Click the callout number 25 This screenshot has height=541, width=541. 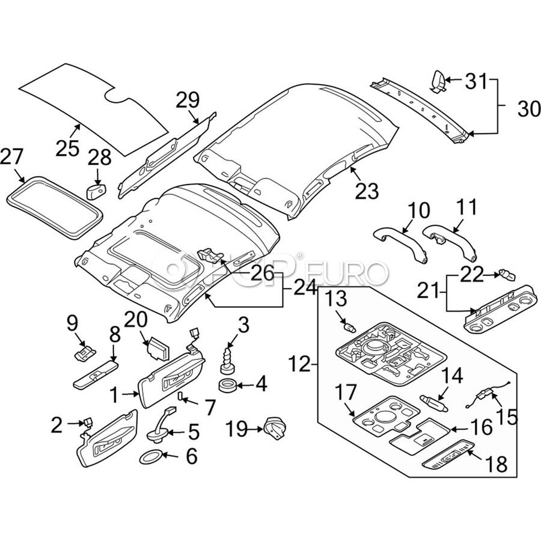[67, 148]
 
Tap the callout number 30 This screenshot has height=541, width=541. [529, 109]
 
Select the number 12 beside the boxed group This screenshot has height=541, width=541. [299, 364]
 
